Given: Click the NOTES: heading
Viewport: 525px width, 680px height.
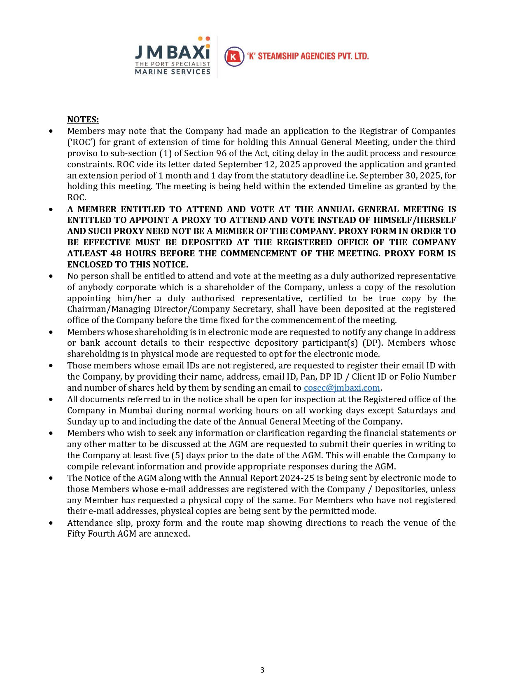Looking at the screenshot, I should (83, 120).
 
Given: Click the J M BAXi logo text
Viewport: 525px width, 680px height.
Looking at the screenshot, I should (173, 52).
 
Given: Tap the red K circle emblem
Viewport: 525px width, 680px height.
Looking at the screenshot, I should (234, 56).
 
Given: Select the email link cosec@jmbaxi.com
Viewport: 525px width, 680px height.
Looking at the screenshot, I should (342, 388).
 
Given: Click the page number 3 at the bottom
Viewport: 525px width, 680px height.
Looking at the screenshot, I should (262, 670).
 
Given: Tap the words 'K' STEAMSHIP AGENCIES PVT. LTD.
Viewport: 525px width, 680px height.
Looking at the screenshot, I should (308, 56).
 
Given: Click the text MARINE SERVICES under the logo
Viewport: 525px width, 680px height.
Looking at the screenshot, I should (173, 72).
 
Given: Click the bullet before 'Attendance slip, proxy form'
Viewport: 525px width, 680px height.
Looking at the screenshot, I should (51, 523).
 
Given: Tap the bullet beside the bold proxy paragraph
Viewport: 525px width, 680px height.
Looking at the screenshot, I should (51, 209).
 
